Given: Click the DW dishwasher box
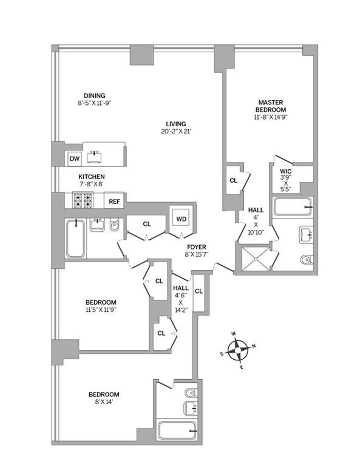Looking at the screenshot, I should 74,158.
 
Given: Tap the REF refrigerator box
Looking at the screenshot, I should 114,202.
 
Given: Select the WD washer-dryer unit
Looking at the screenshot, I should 181,219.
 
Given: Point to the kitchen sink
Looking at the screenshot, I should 95,157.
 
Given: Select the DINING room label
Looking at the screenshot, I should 94,96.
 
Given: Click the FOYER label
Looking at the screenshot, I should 196,247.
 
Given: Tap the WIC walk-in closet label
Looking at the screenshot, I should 286,172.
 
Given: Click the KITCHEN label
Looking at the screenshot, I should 91,177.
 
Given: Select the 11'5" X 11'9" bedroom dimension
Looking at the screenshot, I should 101,309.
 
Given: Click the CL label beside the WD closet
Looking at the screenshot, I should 147,224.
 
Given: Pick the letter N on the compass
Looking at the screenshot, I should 254,346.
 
